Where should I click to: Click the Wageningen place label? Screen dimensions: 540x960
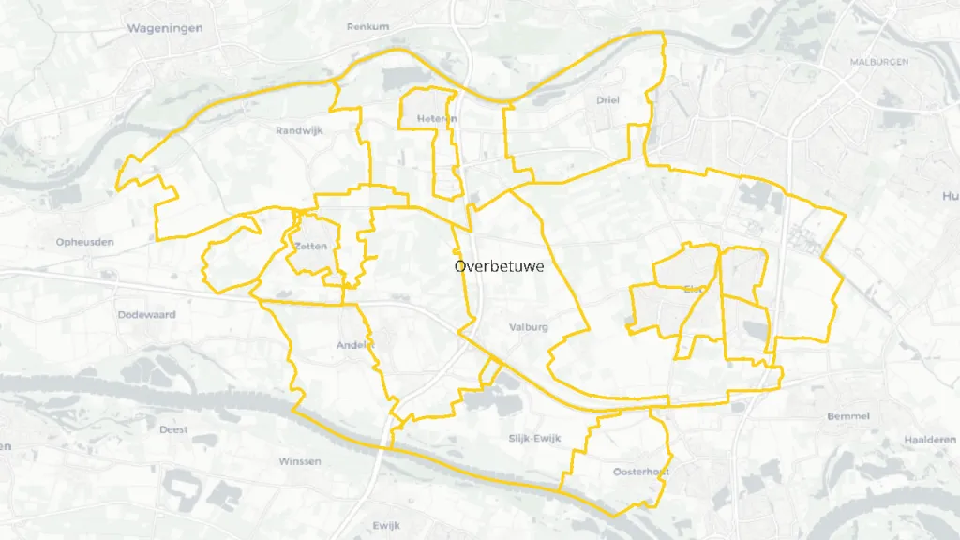pyautogui.click(x=164, y=28)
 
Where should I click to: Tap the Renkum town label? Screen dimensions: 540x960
pyautogui.click(x=367, y=26)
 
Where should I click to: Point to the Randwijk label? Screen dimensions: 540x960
pyautogui.click(x=299, y=131)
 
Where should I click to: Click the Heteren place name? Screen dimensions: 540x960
pyautogui.click(x=438, y=119)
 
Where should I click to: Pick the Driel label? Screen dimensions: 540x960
pyautogui.click(x=607, y=99)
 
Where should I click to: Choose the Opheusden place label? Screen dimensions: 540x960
pyautogui.click(x=85, y=242)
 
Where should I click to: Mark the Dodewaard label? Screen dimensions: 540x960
pyautogui.click(x=147, y=315)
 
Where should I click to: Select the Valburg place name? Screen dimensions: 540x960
pyautogui.click(x=528, y=327)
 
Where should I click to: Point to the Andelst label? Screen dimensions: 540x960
pyautogui.click(x=355, y=345)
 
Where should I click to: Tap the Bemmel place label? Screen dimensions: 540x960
pyautogui.click(x=849, y=415)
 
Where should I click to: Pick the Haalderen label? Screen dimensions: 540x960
pyautogui.click(x=930, y=440)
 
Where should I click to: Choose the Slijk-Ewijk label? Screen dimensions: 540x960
pyautogui.click(x=533, y=438)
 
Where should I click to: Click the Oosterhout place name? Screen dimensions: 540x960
pyautogui.click(x=640, y=472)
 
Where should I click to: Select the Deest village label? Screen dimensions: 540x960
pyautogui.click(x=173, y=429)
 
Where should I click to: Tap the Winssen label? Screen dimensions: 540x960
pyautogui.click(x=300, y=461)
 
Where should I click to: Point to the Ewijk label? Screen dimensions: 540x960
pyautogui.click(x=386, y=525)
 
